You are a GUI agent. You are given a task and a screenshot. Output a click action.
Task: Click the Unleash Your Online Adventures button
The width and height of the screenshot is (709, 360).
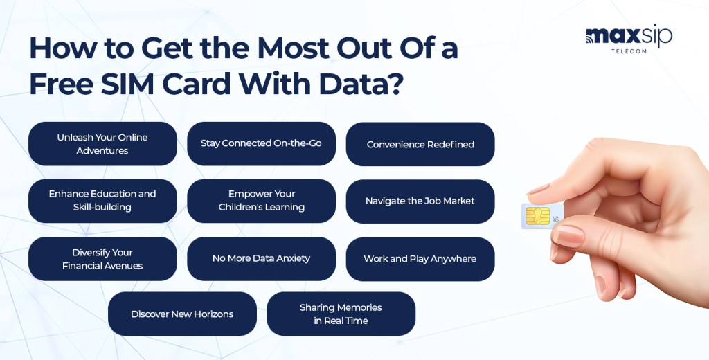coord(102,144)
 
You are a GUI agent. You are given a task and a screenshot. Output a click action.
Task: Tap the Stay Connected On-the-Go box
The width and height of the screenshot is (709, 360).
coord(261,144)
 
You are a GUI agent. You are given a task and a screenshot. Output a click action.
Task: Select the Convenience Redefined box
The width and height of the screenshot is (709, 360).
coord(420,144)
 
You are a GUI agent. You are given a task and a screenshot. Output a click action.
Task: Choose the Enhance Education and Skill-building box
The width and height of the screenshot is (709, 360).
coord(102,201)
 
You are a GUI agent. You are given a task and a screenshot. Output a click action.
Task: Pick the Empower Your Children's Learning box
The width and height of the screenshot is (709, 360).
coord(261,201)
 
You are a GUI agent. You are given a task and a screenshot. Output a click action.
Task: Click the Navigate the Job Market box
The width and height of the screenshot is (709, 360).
coord(420,201)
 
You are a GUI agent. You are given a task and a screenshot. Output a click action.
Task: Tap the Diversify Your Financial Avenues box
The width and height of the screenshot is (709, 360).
coord(102,259)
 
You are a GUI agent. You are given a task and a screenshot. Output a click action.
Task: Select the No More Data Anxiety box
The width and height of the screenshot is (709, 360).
coord(261,259)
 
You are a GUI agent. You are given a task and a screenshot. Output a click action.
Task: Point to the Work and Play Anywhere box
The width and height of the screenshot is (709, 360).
coord(420,259)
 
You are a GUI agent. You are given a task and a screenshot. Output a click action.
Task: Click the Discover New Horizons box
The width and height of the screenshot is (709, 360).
coord(182,314)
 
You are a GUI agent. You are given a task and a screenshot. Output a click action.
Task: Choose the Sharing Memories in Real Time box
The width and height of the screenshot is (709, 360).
coord(341,314)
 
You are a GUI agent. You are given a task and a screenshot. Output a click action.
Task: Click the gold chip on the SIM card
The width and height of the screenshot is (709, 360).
coord(537,216)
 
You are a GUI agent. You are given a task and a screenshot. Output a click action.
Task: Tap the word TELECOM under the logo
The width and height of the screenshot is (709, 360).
coord(629,51)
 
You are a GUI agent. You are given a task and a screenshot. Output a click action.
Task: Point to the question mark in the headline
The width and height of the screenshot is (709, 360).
coord(394,84)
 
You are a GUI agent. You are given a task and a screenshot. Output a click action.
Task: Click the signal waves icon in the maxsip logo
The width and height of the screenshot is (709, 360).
coord(590,39)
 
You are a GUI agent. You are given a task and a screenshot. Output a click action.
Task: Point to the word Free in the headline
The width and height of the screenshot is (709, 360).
coord(62,84)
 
